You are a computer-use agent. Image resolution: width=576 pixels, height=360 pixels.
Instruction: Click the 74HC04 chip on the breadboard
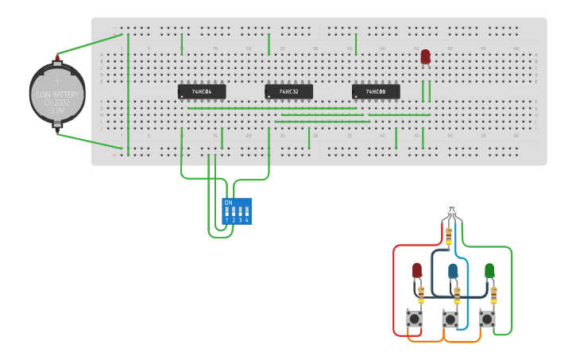(x=202, y=92)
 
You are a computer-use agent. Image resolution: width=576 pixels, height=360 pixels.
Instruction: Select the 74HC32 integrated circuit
(x=288, y=92)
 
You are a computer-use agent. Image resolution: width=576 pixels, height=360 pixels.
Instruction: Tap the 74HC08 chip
(x=376, y=92)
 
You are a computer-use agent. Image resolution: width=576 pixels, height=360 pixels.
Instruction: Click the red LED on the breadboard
(x=425, y=56)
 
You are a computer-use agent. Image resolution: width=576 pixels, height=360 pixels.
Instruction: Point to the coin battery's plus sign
(x=57, y=80)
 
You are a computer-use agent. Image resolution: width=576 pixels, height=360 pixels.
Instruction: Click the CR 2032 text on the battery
(x=57, y=103)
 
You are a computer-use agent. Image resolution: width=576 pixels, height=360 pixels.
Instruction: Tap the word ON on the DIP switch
(x=229, y=203)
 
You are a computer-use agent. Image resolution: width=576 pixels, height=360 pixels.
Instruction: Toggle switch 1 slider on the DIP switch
(x=227, y=212)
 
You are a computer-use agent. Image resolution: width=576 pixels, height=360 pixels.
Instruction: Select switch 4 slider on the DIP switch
(x=246, y=212)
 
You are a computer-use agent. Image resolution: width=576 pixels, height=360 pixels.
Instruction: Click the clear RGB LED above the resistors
(x=451, y=208)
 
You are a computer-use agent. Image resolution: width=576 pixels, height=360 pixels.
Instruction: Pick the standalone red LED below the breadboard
(x=417, y=270)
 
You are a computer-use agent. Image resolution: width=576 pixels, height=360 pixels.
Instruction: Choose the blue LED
(x=453, y=271)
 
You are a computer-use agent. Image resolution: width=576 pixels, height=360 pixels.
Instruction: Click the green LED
(x=489, y=270)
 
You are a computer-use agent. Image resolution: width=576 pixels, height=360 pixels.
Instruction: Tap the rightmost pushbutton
(x=487, y=319)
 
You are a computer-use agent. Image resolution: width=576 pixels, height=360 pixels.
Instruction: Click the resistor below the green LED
(x=493, y=295)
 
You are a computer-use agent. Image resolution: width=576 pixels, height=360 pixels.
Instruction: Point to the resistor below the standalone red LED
(x=421, y=295)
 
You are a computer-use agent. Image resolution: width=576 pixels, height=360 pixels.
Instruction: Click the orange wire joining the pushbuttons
(x=445, y=342)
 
